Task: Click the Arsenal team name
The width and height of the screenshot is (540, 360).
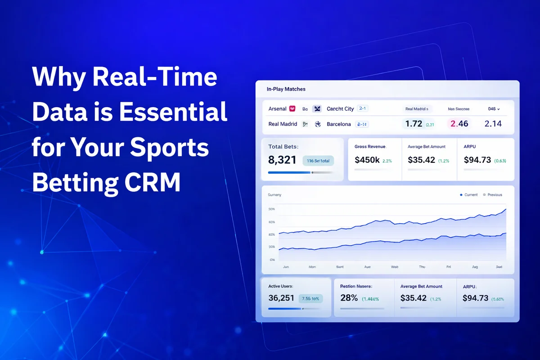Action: point(277,109)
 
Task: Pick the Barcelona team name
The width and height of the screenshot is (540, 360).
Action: point(339,124)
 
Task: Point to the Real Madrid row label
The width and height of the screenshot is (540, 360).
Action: point(283,124)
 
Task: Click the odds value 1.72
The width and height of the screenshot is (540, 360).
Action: point(414,123)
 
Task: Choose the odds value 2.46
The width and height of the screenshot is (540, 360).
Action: point(459,123)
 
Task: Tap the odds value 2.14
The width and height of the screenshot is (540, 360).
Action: point(493,123)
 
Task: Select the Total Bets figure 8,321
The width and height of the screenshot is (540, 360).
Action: point(282,160)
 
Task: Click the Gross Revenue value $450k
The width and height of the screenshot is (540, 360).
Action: point(367,160)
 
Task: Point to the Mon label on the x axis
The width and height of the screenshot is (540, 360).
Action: point(312,267)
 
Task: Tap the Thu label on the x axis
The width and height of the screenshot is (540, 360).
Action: point(422,267)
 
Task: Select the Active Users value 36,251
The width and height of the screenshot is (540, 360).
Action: point(281,298)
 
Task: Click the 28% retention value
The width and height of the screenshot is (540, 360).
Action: point(349,298)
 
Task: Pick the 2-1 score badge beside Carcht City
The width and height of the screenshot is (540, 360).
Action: point(363,108)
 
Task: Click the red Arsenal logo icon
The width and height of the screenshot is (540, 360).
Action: point(292,109)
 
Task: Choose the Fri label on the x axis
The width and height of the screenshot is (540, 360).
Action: point(449,267)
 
